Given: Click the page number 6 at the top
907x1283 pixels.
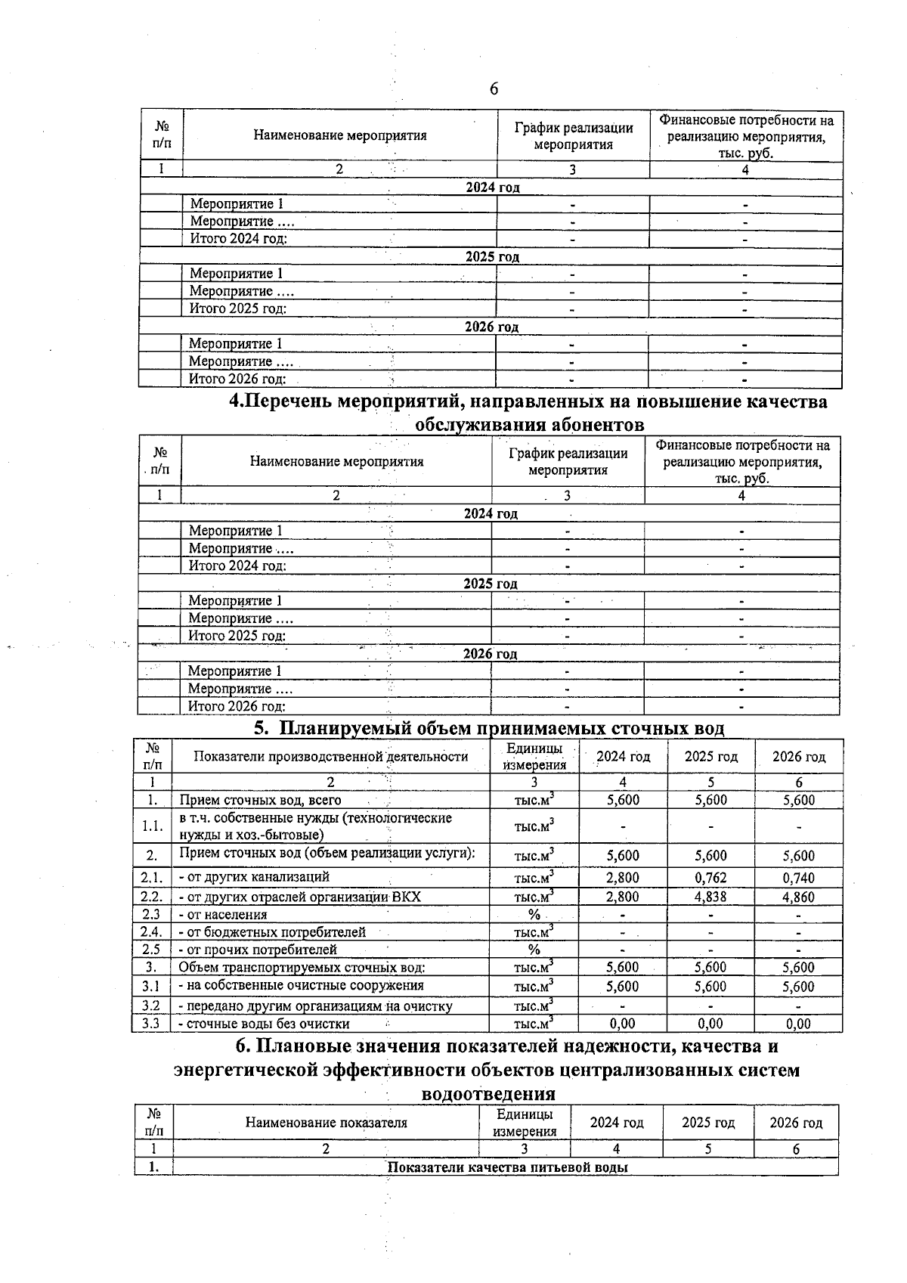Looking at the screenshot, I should point(494,89).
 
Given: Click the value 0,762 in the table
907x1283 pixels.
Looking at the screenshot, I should point(710,878).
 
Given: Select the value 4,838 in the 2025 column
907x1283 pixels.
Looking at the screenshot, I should point(710,897).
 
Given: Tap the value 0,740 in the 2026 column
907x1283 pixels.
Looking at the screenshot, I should point(798,878).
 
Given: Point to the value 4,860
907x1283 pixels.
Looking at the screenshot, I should point(798,897).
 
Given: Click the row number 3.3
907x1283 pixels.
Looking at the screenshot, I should point(150,1024).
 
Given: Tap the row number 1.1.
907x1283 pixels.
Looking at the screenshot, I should point(152,826).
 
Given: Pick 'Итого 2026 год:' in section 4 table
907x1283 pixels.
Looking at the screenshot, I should point(237,706).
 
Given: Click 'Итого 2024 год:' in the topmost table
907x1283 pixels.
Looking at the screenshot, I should point(238,239).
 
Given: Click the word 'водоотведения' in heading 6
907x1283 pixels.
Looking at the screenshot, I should point(488,1094).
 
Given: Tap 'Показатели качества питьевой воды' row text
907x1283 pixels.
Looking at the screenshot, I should point(508,1167).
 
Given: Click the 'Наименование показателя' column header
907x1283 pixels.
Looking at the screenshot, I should point(326,1123).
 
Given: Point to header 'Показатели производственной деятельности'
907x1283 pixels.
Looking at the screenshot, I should point(330,756).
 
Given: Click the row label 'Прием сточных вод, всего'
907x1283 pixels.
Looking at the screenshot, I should point(260,800).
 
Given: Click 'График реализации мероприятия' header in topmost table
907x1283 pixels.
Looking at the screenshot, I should point(573,136).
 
